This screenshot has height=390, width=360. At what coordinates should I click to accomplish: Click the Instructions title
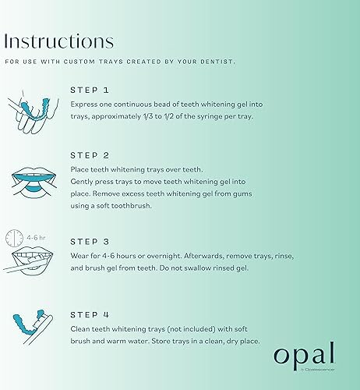pos(59,41)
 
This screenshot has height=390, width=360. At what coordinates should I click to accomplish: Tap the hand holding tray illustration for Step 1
pos(30,109)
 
